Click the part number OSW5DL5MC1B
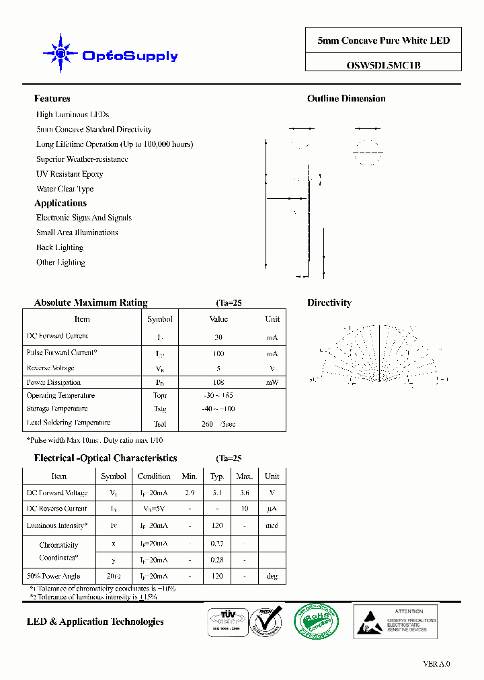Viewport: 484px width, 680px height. [x=384, y=65]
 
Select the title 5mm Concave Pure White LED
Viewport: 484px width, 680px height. [x=384, y=41]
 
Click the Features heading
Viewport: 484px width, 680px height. [x=52, y=99]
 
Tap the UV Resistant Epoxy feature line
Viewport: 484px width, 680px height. [x=70, y=174]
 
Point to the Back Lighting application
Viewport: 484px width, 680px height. [x=60, y=247]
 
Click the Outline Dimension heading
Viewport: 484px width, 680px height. [x=346, y=99]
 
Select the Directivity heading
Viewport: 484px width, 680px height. [x=329, y=303]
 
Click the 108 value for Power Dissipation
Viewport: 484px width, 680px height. [x=218, y=382]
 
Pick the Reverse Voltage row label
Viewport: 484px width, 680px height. [x=50, y=368]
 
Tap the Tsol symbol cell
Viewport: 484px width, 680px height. [x=159, y=424]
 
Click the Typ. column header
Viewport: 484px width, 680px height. [x=217, y=476]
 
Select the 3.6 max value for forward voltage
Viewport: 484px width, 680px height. [x=244, y=493]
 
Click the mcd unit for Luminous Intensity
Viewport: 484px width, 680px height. [x=272, y=526]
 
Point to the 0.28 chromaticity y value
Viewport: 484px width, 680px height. [x=217, y=560]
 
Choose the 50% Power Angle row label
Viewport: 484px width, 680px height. [x=54, y=576]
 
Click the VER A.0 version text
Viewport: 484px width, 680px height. [x=436, y=663]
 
